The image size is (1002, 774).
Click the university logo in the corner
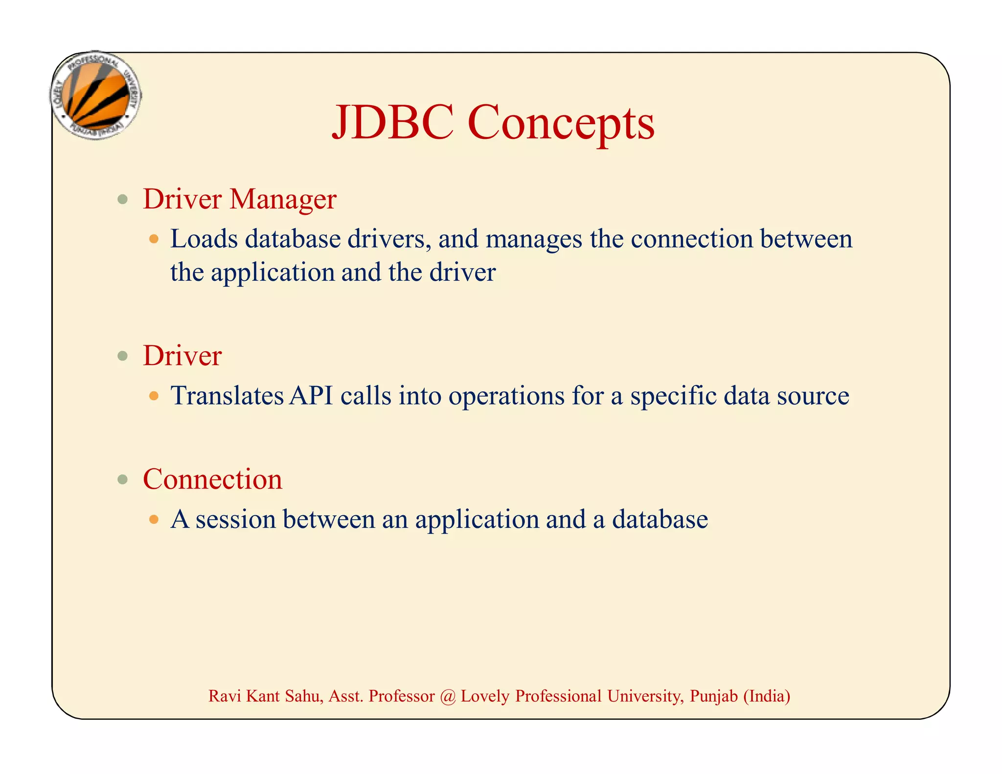(96, 95)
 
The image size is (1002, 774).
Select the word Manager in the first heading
(283, 199)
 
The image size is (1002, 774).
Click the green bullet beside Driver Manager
(123, 200)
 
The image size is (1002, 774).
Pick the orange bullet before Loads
(154, 239)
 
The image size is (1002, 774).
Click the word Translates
(227, 395)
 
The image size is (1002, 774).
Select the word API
(311, 395)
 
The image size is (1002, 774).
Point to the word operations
(506, 396)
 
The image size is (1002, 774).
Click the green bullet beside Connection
(123, 479)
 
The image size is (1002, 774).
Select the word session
(236, 519)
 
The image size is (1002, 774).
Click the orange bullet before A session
(154, 519)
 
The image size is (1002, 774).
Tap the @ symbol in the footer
(447, 696)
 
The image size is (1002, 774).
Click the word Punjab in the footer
(713, 696)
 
